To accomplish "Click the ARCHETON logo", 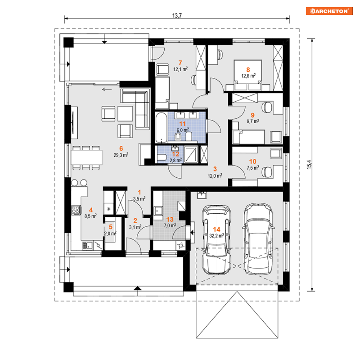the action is click(329, 11).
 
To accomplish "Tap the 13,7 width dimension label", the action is click(177, 16).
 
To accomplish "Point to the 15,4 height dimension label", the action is click(309, 165).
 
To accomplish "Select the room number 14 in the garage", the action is click(216, 229).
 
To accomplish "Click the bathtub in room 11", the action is click(161, 127).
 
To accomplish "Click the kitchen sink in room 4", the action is click(88, 245).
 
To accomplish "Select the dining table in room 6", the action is click(86, 157).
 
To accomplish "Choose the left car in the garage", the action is click(216, 240).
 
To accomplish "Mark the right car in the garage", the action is click(258, 239).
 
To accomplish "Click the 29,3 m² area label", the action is click(121, 155).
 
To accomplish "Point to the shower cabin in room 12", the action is click(191, 154).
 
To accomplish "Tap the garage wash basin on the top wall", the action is click(202, 195).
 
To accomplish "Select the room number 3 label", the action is click(215, 169).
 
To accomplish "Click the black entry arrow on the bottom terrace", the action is click(137, 288).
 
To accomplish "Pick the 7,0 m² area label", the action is click(170, 226).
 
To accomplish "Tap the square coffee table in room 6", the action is click(125, 113).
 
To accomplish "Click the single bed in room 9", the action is click(249, 137).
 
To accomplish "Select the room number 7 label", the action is click(180, 63).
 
